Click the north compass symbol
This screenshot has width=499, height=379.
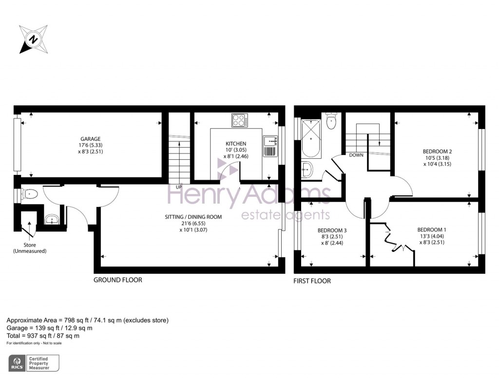click(x=34, y=39)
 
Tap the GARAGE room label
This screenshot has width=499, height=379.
click(x=90, y=139)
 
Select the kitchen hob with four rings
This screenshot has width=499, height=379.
click(x=240, y=120)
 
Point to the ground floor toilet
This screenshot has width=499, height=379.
click(x=29, y=194)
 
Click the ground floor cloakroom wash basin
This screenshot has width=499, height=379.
click(x=52, y=219)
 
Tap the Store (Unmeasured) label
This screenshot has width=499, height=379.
click(x=30, y=248)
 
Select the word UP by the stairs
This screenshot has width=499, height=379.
click(x=179, y=187)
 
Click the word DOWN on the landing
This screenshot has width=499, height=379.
click(x=356, y=155)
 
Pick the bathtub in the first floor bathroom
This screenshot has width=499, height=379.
click(x=311, y=138)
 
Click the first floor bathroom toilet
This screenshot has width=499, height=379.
click(x=331, y=120)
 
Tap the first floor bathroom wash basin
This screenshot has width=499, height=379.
click(x=307, y=170)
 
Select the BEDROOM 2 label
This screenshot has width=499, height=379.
click(x=437, y=152)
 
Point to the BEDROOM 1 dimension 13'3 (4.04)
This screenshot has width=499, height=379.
click(x=432, y=236)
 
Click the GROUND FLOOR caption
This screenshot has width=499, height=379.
click(x=118, y=280)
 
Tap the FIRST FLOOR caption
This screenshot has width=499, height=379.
click(x=312, y=281)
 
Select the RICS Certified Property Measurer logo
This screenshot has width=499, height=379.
click(x=34, y=363)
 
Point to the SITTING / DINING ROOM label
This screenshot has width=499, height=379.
click(x=193, y=217)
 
